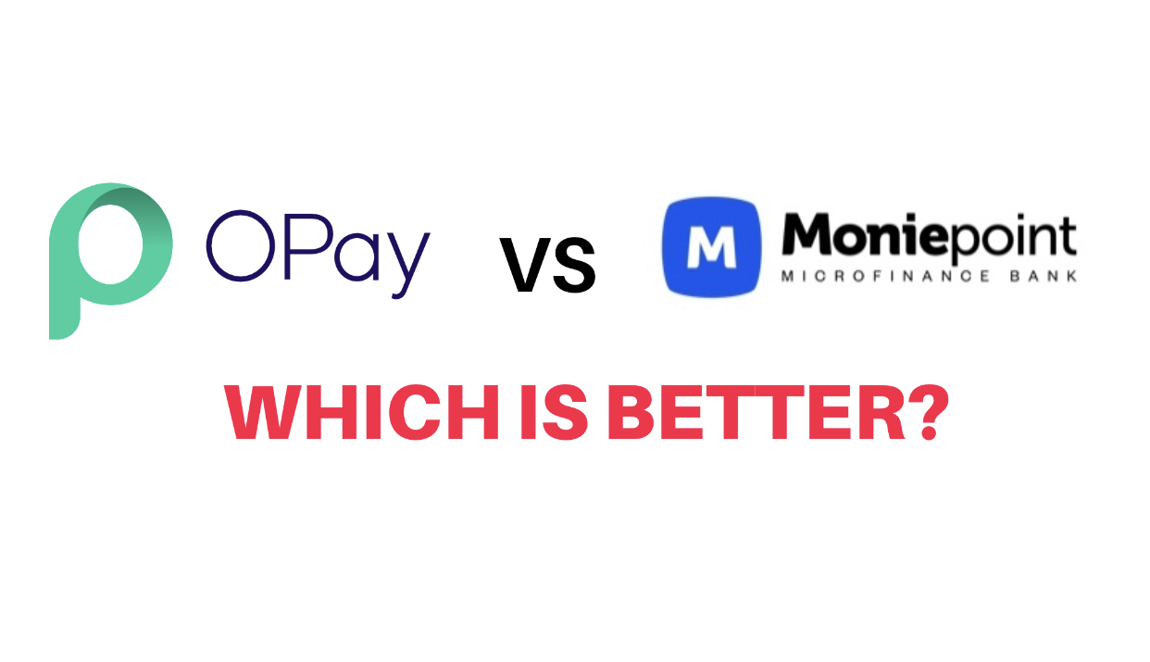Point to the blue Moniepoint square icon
pos(712,246)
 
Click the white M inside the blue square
pos(712,247)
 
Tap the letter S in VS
pos(575,266)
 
